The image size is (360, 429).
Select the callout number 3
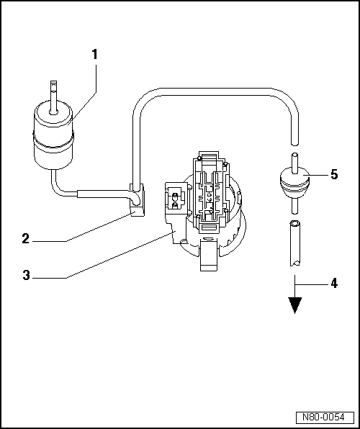pos(25,275)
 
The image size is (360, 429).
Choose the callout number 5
pos(333,173)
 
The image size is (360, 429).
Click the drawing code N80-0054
pos(323,417)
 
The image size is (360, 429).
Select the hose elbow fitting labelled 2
pos(136,199)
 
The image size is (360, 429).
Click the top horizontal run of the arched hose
pos(216,91)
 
